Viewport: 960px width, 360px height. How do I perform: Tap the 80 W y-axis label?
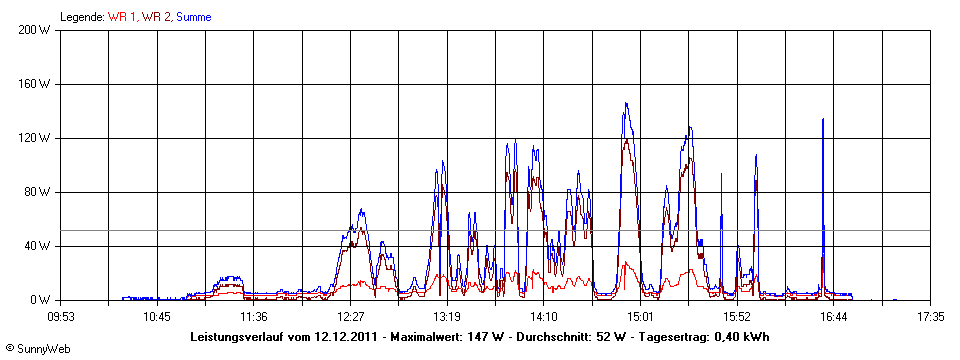pos(39,192)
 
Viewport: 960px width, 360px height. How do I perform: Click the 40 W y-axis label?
pos(39,246)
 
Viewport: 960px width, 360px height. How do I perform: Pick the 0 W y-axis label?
pos(43,300)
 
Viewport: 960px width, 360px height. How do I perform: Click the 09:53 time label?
pos(61,316)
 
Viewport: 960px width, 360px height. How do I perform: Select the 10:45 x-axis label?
pos(157,316)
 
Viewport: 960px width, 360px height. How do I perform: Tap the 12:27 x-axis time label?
pos(350,316)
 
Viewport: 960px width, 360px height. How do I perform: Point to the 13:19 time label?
pos(447,316)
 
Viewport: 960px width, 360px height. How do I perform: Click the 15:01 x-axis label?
pos(640,316)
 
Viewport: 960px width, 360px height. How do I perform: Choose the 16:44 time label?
pos(834,316)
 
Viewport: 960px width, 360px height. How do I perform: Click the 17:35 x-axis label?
pos(930,316)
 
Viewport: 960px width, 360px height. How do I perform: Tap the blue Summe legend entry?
pos(193,17)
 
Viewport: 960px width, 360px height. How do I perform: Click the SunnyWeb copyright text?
pos(36,349)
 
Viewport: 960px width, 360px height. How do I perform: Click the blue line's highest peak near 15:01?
pos(626,103)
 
